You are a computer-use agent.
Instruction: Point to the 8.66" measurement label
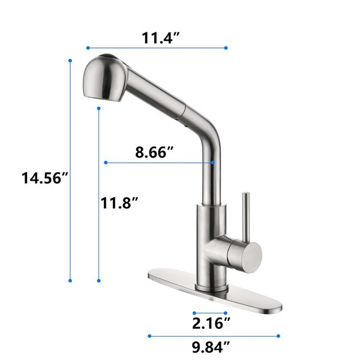[154, 152]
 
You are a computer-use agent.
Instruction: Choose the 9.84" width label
[210, 347]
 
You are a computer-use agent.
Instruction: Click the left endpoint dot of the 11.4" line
[88, 47]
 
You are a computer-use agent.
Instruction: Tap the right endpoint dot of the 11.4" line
[226, 47]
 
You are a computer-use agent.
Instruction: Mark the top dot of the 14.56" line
[71, 61]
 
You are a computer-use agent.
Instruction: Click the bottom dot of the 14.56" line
[71, 280]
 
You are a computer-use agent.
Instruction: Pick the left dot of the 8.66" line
[106, 162]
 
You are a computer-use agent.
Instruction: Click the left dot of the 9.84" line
[149, 336]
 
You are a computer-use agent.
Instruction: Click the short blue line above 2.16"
[210, 313]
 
